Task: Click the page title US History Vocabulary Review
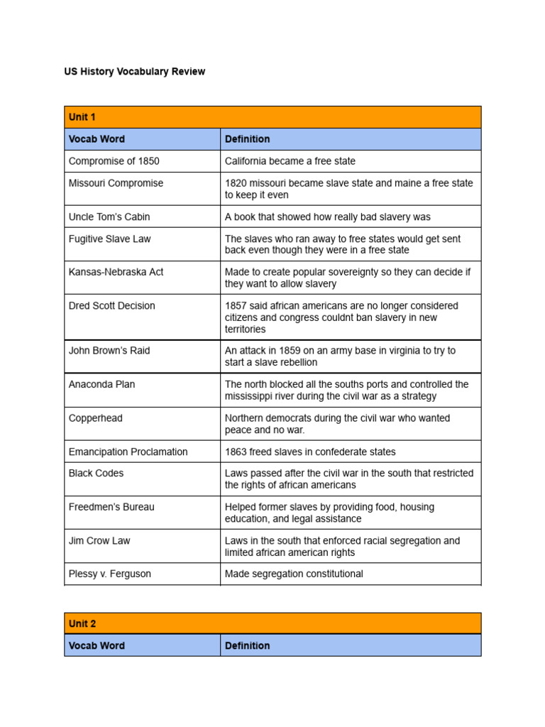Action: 135,72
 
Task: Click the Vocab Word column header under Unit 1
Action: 97,139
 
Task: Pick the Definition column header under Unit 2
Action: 247,645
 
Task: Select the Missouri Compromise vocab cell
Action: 116,183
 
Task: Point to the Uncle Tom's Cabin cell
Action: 109,217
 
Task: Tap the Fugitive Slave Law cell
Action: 110,239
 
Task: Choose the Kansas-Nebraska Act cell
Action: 116,272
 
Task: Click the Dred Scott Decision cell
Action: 111,306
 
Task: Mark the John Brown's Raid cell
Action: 109,351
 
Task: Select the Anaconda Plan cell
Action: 101,384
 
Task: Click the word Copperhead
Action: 95,418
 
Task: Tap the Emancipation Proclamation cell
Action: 128,452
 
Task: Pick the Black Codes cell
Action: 96,473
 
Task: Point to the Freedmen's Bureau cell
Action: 111,507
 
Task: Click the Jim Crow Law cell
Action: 99,540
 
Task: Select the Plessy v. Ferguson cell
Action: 110,574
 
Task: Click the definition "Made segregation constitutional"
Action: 294,574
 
